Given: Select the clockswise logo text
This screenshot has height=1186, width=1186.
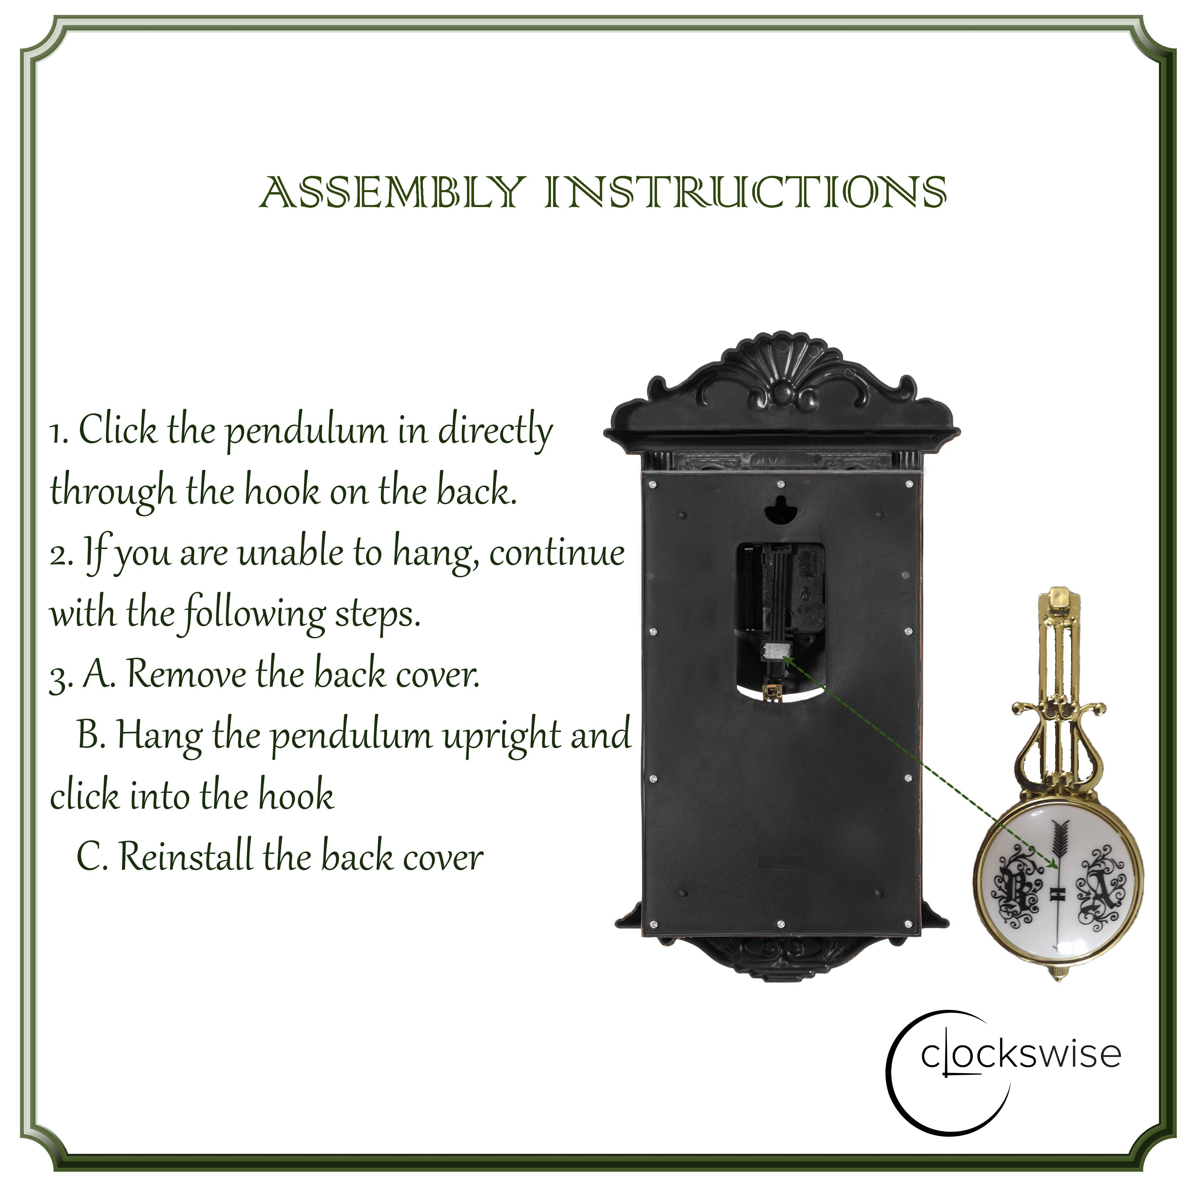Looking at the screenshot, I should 1020,1054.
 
